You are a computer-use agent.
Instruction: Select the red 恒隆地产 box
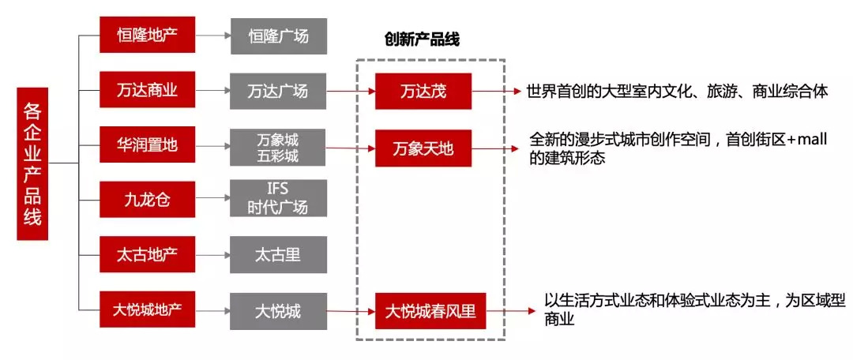[x=148, y=36]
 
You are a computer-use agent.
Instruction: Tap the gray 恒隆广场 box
[x=279, y=36]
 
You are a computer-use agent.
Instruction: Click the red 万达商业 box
[x=148, y=90]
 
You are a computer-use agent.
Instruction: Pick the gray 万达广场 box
[x=279, y=90]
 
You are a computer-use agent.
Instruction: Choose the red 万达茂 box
[x=423, y=91]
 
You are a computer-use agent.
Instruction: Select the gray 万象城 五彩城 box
[x=279, y=147]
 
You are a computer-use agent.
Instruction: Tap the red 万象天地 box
[x=423, y=148]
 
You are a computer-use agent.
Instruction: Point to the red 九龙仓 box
[x=148, y=199]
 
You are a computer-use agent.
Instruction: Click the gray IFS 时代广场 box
[x=279, y=198]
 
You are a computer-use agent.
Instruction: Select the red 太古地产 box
[x=148, y=255]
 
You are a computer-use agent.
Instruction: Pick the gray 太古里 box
[x=279, y=255]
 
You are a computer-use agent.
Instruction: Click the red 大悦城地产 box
[x=148, y=309]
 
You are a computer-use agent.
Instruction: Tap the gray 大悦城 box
[x=279, y=310]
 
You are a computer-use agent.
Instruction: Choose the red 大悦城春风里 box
[x=430, y=311]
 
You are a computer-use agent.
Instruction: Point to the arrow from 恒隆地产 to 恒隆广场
[x=212, y=36]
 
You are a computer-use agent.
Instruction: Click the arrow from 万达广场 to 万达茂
[x=351, y=91]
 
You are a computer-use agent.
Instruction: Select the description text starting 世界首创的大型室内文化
[x=677, y=92]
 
